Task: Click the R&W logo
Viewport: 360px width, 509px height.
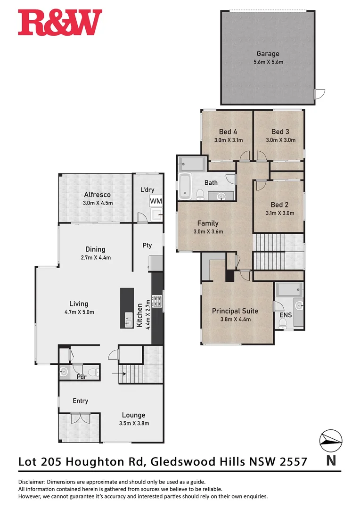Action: pyautogui.click(x=60, y=23)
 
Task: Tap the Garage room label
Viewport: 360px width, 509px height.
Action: pyautogui.click(x=268, y=54)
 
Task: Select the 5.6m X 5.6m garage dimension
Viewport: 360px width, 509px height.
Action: pyautogui.click(x=268, y=62)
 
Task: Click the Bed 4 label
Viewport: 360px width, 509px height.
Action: pyautogui.click(x=228, y=131)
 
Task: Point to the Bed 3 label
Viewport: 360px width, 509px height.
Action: pyautogui.click(x=280, y=131)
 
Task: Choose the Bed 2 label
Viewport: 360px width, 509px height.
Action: pyautogui.click(x=279, y=205)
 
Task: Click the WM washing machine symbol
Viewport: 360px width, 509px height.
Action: pyautogui.click(x=156, y=201)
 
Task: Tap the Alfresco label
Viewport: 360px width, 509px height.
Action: pyautogui.click(x=97, y=195)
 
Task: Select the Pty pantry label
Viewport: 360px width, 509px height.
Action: pyautogui.click(x=147, y=245)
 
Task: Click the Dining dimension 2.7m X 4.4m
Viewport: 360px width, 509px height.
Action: pyautogui.click(x=95, y=258)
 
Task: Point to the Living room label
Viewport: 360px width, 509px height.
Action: pyautogui.click(x=79, y=304)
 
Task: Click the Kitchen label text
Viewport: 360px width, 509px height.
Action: pyautogui.click(x=139, y=315)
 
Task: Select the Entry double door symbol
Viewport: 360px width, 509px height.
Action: pyautogui.click(x=80, y=418)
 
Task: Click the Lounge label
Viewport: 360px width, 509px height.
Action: pyautogui.click(x=133, y=415)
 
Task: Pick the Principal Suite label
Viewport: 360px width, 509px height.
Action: pyautogui.click(x=235, y=311)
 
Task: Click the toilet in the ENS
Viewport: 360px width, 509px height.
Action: pyautogui.click(x=283, y=322)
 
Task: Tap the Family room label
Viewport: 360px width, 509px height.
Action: pyautogui.click(x=208, y=223)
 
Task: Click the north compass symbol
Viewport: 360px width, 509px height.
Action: pyautogui.click(x=331, y=440)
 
